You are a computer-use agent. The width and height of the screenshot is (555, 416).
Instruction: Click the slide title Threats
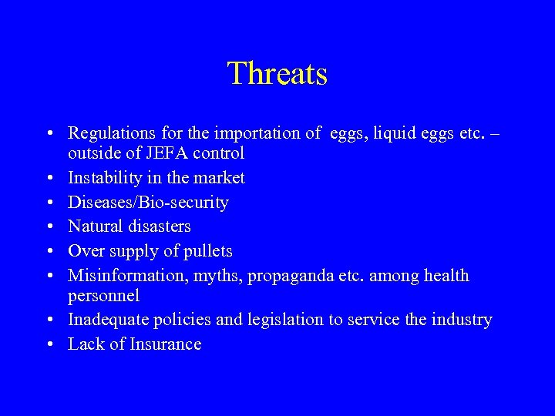coord(277,74)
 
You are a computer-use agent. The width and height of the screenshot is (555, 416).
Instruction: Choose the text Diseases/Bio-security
coord(148,203)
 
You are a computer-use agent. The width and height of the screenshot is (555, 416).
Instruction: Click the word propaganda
coord(287,277)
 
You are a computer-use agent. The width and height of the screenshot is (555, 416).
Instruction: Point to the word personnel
coord(103,296)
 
